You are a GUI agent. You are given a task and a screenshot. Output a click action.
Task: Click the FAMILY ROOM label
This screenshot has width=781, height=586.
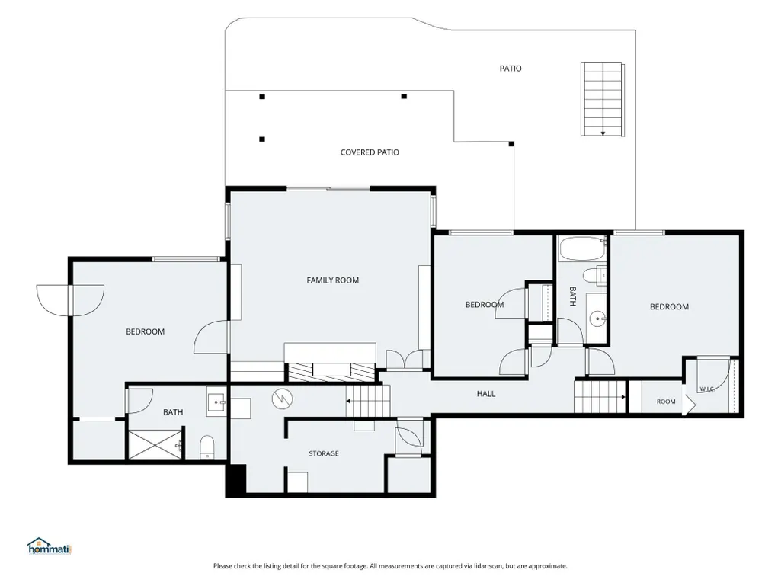[x=333, y=280]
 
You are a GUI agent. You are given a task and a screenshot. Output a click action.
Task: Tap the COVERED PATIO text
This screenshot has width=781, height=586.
[x=370, y=152]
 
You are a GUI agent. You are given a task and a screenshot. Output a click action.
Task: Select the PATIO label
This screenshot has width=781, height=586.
[x=511, y=69]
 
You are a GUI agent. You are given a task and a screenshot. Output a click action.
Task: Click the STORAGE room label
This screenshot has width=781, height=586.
[x=324, y=453]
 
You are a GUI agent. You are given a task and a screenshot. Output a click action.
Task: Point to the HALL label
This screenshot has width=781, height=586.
[x=486, y=394]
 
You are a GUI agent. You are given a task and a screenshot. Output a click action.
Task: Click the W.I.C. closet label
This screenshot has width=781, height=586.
[x=707, y=389]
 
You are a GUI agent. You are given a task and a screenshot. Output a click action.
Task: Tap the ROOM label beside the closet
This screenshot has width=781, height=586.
[x=666, y=402]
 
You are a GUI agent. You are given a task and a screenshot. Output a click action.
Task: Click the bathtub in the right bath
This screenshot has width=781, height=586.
[x=582, y=248]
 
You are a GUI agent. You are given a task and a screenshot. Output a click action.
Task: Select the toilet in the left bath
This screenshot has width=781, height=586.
[x=206, y=447]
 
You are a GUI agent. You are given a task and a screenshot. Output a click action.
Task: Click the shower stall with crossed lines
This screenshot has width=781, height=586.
[x=155, y=444]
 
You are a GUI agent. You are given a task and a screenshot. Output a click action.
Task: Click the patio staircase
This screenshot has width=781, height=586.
[x=603, y=99]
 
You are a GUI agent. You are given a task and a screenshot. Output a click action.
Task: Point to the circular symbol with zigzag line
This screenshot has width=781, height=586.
[x=283, y=399]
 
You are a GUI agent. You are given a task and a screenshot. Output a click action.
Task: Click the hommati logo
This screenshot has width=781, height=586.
[x=50, y=546]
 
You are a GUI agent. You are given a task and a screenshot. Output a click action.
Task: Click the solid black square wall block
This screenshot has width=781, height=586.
[x=235, y=479]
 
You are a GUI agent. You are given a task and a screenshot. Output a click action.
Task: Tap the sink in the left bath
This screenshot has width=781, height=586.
[x=217, y=402]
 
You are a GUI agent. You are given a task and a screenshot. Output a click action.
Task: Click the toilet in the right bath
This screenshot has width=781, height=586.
[x=595, y=274]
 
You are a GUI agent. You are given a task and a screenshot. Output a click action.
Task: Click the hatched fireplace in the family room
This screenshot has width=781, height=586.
[x=331, y=372]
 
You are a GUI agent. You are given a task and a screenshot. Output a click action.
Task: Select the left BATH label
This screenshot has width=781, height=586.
[x=173, y=412]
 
